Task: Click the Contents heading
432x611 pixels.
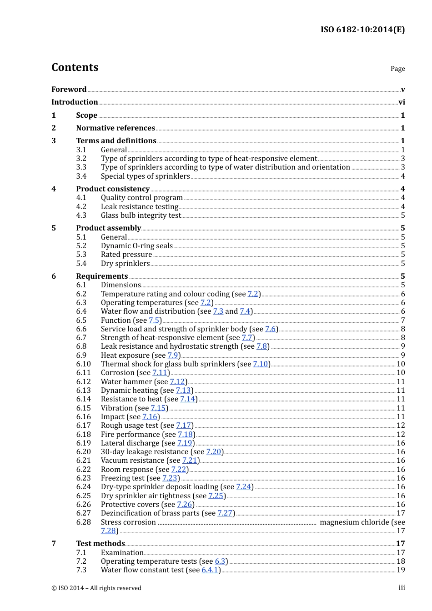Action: click(75, 67)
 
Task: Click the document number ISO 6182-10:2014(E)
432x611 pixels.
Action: click(362, 30)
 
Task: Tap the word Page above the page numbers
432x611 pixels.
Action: click(397, 69)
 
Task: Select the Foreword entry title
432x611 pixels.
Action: click(69, 89)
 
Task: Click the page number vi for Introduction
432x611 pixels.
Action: click(402, 102)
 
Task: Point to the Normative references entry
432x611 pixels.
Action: click(116, 128)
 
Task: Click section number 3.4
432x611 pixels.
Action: click(81, 176)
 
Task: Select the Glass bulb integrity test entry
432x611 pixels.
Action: click(141, 215)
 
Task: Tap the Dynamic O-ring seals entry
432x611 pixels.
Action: click(136, 246)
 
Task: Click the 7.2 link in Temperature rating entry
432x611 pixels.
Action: click(253, 294)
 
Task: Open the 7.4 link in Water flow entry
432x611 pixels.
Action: click(245, 311)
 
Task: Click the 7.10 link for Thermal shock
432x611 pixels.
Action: click(261, 364)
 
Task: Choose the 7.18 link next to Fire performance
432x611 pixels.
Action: click(185, 435)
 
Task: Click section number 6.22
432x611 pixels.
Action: click(83, 470)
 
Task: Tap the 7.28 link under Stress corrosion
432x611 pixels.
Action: click(108, 531)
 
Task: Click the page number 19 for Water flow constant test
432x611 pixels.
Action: click(401, 570)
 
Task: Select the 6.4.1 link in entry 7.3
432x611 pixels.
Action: click(210, 570)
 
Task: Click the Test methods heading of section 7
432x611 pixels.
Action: click(100, 544)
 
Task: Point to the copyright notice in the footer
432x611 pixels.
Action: click(96, 588)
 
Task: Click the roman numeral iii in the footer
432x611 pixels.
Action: click(402, 588)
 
